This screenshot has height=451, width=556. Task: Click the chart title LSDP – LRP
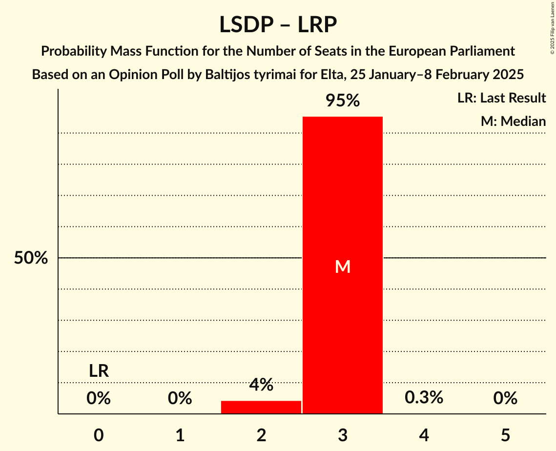(278, 24)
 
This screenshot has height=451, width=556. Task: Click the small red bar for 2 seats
(261, 407)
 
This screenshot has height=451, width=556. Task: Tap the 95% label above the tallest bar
(343, 101)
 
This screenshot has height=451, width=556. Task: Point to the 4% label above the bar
(261, 385)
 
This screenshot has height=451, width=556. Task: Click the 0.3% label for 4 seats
(424, 398)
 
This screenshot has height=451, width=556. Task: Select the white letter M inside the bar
(343, 266)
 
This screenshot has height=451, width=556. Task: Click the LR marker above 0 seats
(99, 371)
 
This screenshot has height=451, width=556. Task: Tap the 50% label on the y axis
(31, 258)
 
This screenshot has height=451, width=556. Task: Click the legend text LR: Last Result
(501, 98)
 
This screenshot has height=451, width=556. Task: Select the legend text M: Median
(513, 121)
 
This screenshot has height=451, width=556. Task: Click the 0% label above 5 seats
(505, 399)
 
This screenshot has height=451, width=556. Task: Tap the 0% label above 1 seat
(180, 399)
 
